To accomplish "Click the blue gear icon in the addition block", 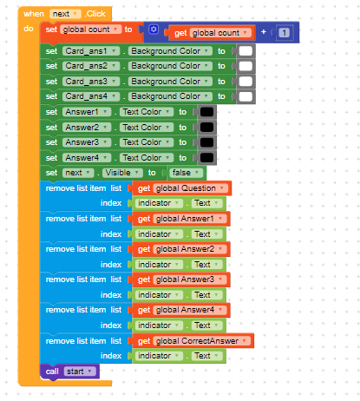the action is click(x=154, y=30).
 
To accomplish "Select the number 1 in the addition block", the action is click(x=284, y=33).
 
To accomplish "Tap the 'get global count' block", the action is click(x=211, y=33).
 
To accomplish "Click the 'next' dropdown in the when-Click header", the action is click(x=65, y=14).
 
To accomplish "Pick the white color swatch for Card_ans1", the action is click(x=245, y=51).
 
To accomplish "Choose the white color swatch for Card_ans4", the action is click(x=245, y=96).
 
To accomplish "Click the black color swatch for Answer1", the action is click(x=206, y=112).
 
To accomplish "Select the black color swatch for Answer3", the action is click(x=206, y=142).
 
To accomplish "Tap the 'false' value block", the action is click(x=186, y=173).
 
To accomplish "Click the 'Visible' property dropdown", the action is click(x=122, y=173).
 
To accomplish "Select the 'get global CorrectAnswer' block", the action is click(x=193, y=341).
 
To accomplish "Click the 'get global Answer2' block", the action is click(x=181, y=249).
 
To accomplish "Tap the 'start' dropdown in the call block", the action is click(x=80, y=371).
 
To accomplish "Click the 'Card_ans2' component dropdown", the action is click(x=91, y=66).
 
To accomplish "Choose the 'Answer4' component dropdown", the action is click(x=87, y=158).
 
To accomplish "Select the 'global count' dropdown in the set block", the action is click(x=90, y=30).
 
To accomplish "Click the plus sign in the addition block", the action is click(x=264, y=32).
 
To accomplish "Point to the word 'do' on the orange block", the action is click(x=29, y=29).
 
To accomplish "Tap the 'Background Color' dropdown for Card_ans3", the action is click(x=170, y=82).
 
